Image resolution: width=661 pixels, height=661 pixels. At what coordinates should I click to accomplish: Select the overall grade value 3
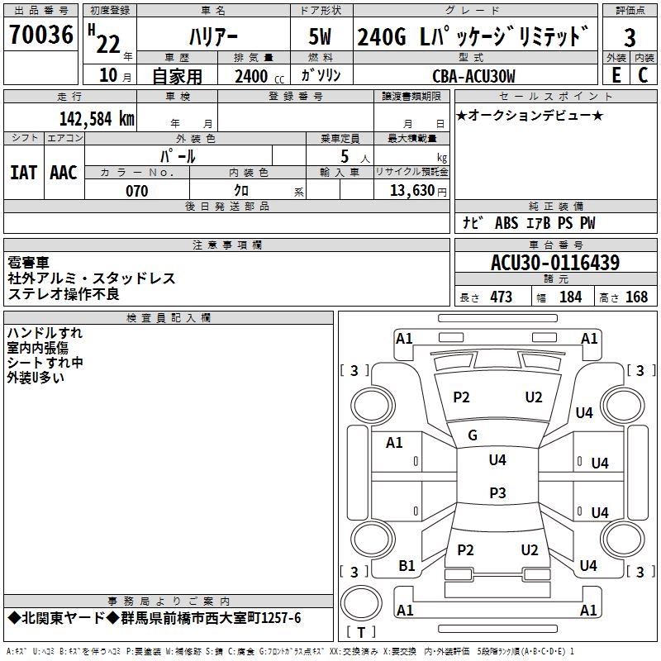[630, 37]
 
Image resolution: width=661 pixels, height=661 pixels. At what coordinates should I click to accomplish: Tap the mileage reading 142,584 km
[97, 118]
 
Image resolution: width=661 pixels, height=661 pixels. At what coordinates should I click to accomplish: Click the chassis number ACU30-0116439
[555, 263]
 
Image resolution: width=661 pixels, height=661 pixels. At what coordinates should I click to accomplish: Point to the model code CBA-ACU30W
[473, 76]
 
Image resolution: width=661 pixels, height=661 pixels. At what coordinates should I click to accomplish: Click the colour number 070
[136, 191]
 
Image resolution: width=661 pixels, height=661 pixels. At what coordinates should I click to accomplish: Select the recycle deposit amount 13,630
[411, 191]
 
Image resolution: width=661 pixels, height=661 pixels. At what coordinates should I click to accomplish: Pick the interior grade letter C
[643, 75]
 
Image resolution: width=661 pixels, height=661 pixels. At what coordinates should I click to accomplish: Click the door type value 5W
[320, 37]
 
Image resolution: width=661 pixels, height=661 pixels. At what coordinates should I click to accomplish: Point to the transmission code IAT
[24, 173]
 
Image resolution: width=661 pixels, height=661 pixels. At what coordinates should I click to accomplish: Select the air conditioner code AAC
[64, 173]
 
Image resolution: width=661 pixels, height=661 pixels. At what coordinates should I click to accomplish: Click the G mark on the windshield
[473, 435]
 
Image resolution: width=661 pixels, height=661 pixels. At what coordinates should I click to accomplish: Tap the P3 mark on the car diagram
[497, 493]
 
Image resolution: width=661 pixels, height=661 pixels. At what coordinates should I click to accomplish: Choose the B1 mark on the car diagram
[407, 566]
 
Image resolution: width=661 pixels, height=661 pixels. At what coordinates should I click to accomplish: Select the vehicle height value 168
[636, 297]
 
